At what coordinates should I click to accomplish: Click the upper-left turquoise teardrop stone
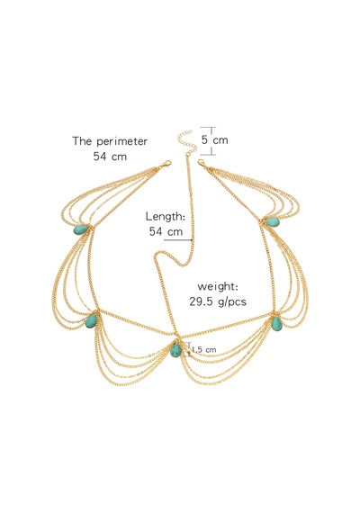click(81, 229)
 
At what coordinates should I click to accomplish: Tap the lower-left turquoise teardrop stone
click(91, 321)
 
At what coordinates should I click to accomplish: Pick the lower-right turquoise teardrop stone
click(276, 324)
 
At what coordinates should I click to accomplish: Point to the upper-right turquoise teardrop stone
click(273, 222)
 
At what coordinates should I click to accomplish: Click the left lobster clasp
click(166, 165)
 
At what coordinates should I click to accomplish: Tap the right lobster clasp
click(202, 163)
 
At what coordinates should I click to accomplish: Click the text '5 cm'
click(215, 140)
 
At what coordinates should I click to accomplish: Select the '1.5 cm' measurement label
click(203, 350)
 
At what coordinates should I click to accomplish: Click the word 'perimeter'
click(122, 142)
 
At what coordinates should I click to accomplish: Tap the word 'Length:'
click(166, 217)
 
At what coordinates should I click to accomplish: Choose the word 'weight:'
click(218, 287)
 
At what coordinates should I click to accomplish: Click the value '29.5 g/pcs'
click(218, 301)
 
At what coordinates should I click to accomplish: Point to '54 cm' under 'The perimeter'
click(110, 156)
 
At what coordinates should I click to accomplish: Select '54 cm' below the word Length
click(166, 231)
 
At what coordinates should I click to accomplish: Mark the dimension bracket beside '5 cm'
click(211, 140)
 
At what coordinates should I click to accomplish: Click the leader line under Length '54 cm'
click(177, 239)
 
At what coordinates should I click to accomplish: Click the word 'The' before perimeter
click(83, 141)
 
